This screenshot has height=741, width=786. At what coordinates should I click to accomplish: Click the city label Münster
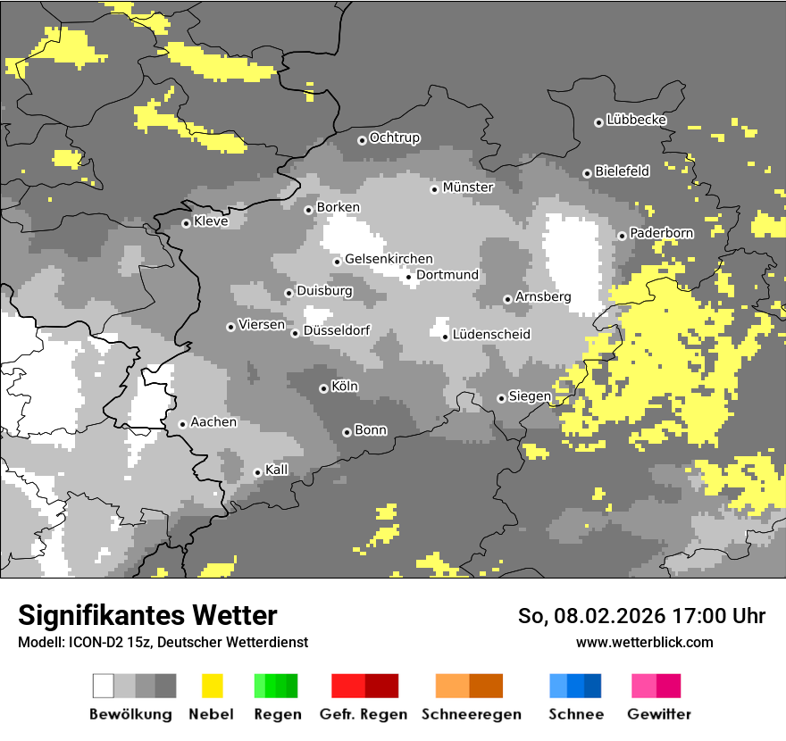coord(468,187)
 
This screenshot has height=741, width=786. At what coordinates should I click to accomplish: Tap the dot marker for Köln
coord(323,388)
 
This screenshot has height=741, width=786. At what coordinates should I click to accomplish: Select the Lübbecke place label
coord(636,120)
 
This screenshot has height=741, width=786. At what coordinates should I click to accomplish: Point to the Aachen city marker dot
coord(182,424)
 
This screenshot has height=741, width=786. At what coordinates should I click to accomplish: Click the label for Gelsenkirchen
coord(389,259)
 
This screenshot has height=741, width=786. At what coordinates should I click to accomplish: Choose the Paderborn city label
coord(661,233)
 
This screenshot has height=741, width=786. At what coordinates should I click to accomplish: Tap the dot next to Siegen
coord(501,398)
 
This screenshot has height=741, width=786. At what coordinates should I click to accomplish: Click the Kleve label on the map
coord(211,221)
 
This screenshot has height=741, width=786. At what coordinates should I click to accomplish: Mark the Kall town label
coord(277,470)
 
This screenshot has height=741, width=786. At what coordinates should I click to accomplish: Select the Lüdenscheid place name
coord(491,335)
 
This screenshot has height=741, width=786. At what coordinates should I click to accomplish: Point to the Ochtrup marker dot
coord(362,139)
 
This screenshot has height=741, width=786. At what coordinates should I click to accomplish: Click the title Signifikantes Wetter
coord(147,615)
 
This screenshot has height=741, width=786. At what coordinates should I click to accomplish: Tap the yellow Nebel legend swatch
coord(212,686)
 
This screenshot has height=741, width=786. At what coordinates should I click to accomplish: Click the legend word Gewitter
coord(658,714)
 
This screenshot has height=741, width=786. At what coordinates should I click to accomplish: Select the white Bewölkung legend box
coord(104,686)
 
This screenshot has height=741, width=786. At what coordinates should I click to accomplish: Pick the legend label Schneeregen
coord(471,714)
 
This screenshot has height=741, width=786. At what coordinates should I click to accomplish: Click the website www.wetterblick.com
coord(644,642)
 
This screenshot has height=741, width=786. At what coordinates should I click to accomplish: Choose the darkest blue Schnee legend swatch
coord(592,686)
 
